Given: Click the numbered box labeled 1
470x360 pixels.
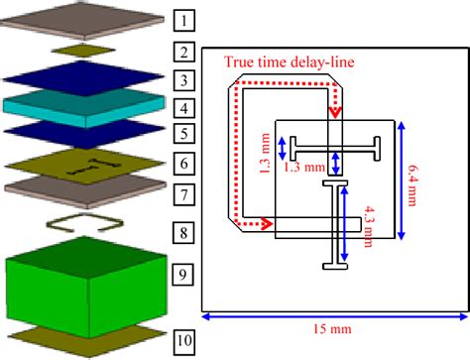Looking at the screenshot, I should [x=185, y=19].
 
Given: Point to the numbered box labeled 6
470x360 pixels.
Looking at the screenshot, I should [x=185, y=162].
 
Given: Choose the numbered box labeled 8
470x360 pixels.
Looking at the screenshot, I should [x=185, y=236].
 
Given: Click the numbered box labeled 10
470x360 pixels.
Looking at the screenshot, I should [x=185, y=342].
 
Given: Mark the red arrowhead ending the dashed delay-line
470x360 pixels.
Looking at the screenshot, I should [x=267, y=224].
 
